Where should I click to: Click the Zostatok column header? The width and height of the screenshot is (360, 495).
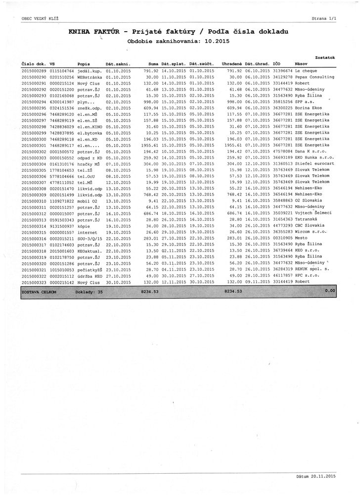(325, 57)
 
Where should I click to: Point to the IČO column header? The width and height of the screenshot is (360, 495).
(277, 64)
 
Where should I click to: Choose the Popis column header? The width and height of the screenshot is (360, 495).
(84, 64)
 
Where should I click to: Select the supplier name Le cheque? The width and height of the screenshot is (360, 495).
(307, 71)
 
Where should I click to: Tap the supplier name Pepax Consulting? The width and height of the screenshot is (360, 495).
(315, 77)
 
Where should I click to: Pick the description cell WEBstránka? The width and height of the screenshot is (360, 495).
(90, 77)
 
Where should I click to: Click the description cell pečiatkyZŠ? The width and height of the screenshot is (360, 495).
(90, 269)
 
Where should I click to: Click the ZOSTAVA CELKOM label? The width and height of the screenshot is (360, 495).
(39, 292)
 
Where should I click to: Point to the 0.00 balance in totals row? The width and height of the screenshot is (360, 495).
(330, 292)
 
